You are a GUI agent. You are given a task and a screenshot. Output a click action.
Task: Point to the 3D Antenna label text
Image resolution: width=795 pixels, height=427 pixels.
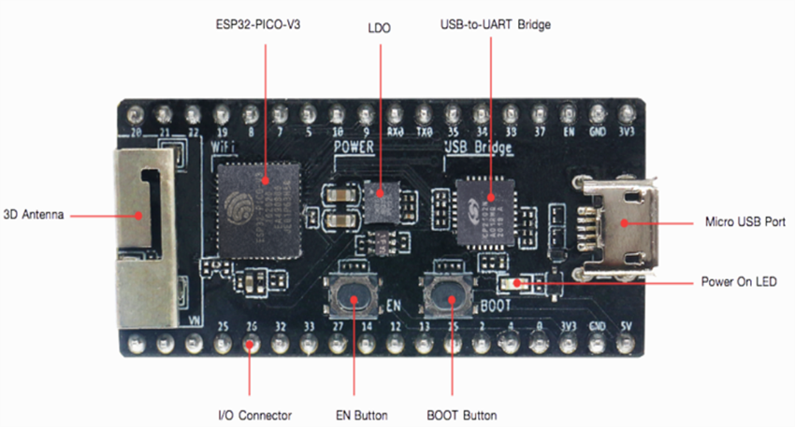[33, 215]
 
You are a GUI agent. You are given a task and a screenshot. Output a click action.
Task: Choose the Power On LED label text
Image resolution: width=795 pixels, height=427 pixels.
[738, 281]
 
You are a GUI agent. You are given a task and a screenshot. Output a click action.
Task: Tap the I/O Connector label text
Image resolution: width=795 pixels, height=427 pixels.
[250, 414]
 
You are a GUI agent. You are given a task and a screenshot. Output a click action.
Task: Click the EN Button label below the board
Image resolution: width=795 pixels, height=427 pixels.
[355, 414]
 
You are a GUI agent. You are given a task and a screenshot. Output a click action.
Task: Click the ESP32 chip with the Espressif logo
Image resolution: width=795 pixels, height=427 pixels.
[254, 199]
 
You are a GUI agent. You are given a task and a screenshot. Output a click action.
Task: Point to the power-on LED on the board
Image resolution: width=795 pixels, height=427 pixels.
[513, 282]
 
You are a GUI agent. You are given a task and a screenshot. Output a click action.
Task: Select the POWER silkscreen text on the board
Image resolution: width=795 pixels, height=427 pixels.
[354, 149]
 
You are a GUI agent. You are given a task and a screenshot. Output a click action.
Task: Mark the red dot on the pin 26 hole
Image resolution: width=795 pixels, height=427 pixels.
[250, 345]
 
